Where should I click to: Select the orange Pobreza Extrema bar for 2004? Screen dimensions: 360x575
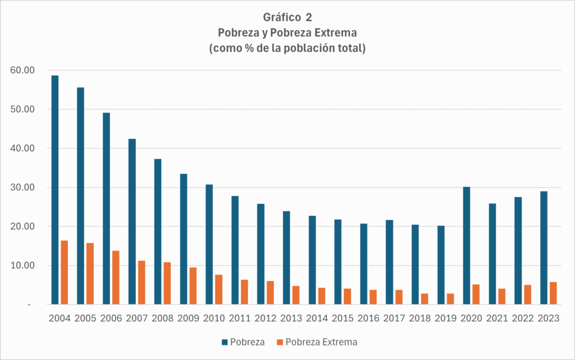coord(65,272)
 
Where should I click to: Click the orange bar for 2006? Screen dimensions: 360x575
coord(116,277)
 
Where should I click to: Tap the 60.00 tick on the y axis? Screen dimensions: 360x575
coord(22,70)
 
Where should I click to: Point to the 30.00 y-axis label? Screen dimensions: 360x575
coord(22,187)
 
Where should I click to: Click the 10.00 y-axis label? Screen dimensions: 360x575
coord(22,265)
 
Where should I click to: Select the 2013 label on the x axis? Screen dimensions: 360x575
coord(291,318)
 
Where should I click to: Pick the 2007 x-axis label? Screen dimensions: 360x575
coord(136,318)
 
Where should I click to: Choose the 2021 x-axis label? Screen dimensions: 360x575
coord(497,318)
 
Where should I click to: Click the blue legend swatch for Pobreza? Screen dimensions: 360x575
coord(225,342)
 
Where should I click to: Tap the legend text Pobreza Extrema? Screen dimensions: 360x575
coord(321,342)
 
